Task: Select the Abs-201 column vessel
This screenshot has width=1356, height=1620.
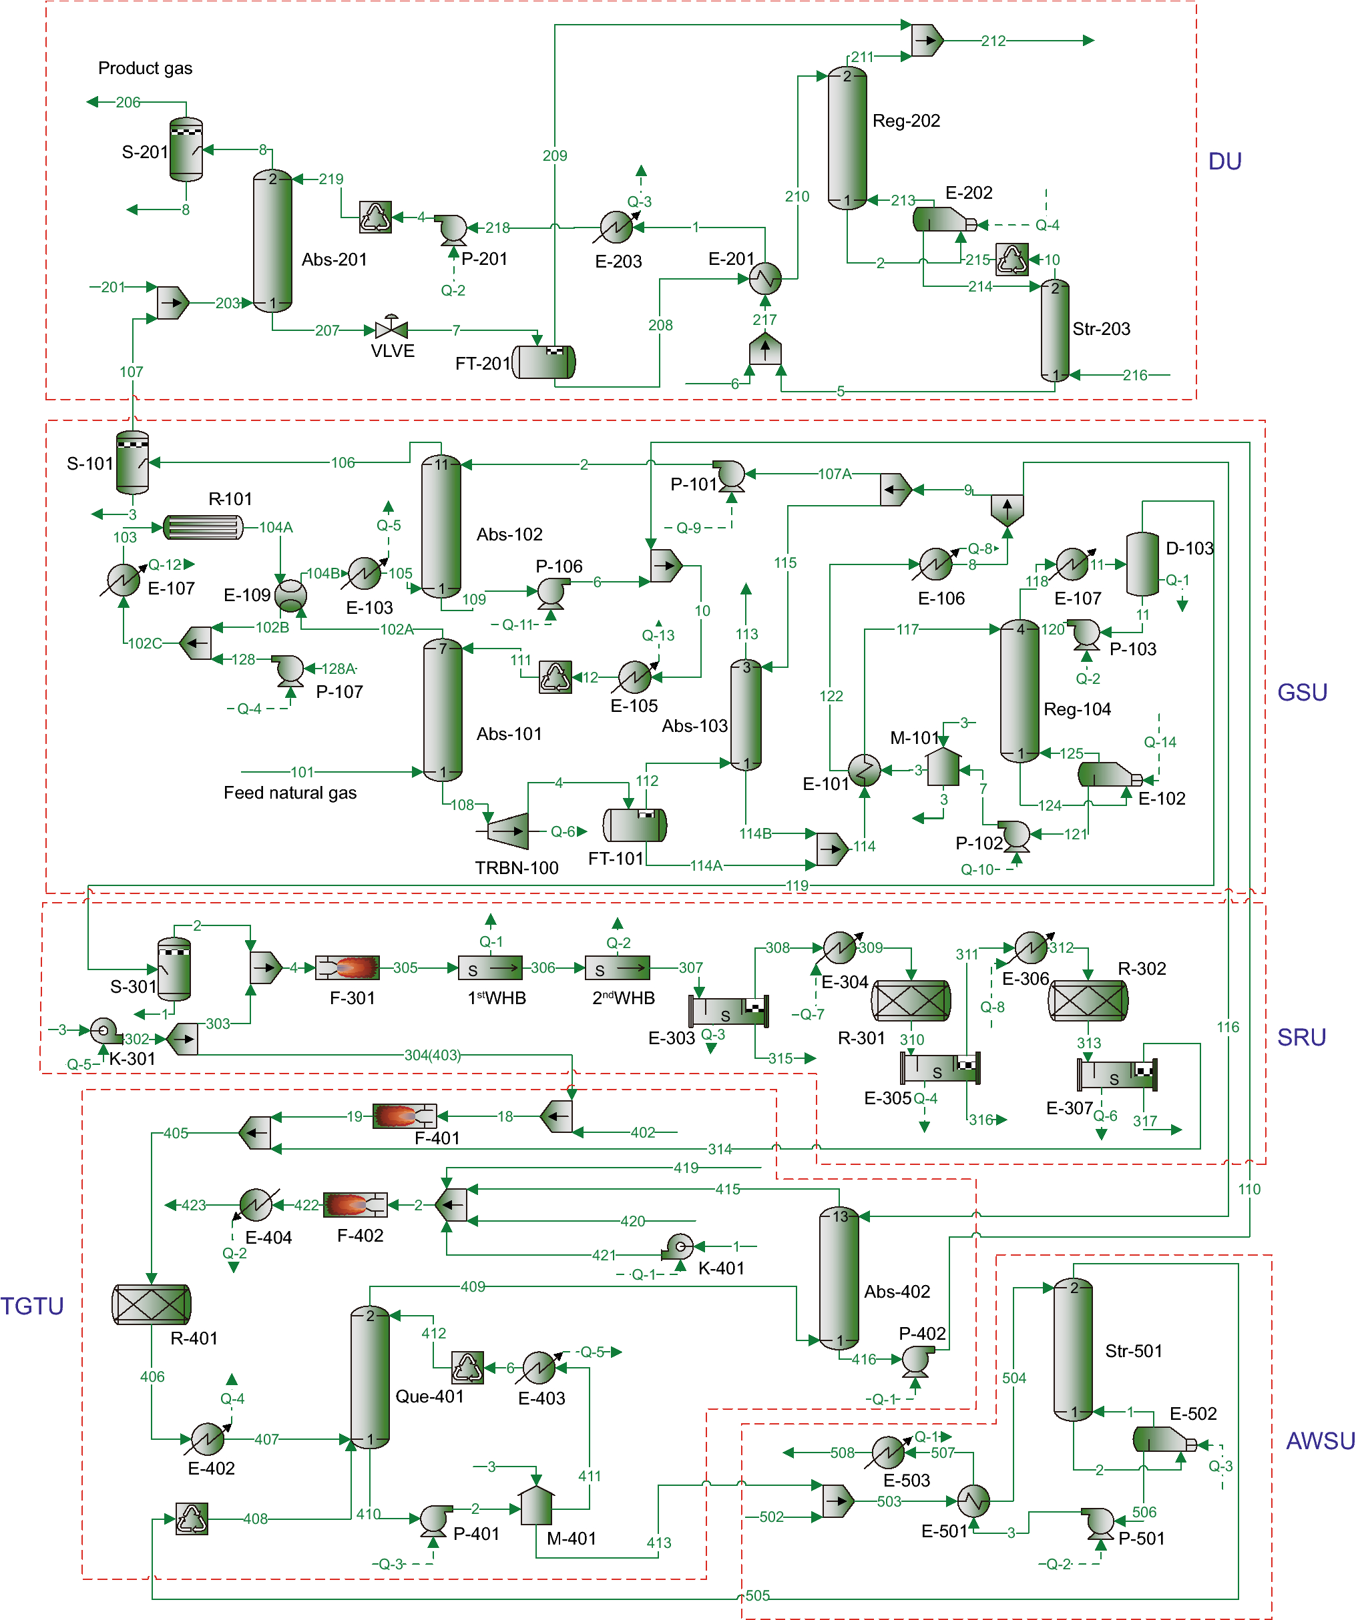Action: click(x=272, y=241)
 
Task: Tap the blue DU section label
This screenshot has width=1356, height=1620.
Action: click(x=1224, y=161)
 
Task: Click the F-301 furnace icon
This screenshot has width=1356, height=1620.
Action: click(x=348, y=967)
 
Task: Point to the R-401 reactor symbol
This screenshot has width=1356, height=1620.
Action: click(x=152, y=1304)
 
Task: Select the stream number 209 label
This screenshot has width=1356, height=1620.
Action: click(x=555, y=156)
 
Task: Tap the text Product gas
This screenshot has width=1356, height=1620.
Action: click(x=145, y=68)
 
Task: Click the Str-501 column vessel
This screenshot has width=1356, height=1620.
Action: click(x=1073, y=1349)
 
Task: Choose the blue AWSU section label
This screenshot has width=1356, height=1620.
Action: click(x=1320, y=1441)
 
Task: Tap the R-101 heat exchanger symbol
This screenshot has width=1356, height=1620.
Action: click(x=203, y=528)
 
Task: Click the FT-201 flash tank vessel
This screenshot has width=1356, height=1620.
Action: click(x=545, y=362)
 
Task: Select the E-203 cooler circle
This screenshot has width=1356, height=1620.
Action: click(x=617, y=227)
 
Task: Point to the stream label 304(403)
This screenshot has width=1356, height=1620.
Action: click(x=432, y=1055)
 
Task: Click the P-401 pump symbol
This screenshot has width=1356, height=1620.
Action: click(x=435, y=1520)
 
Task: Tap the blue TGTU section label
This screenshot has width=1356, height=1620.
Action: click(x=31, y=1306)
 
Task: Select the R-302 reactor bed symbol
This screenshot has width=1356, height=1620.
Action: click(x=1088, y=1001)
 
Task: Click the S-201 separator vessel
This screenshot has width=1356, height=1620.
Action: click(x=186, y=149)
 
